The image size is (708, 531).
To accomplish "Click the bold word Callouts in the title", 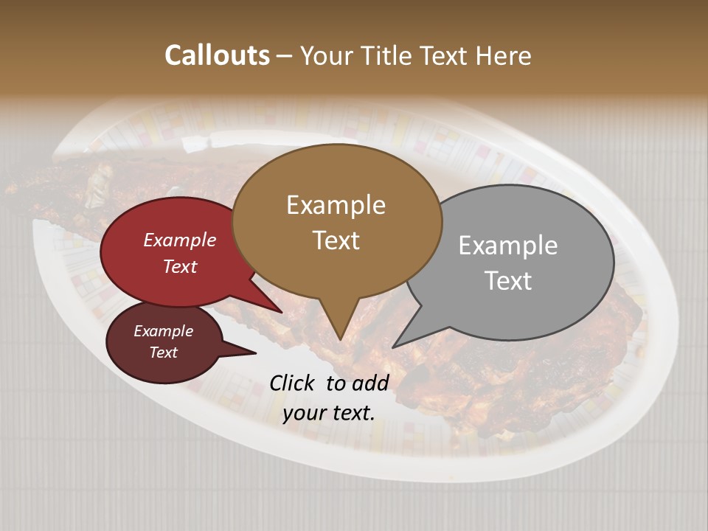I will pos(217,55).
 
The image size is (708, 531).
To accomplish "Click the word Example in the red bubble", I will pos(180,240).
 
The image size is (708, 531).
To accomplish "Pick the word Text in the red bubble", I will pos(180,266).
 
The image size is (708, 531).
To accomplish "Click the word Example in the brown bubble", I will pos(336,205).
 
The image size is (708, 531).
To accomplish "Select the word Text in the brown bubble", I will pos(336,240).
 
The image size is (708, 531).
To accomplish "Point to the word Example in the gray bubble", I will pos(508,246).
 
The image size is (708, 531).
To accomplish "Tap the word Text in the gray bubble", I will pos(508,281).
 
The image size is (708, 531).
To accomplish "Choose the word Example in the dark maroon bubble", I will pos(163,331).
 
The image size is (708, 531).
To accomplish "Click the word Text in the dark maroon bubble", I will pos(163,353).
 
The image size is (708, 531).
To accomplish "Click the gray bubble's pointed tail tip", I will pos(393,347).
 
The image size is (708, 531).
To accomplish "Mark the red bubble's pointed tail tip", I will pos(282,313).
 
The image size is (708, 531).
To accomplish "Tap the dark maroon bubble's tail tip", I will pos(256,353).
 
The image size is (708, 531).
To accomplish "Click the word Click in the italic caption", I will pos(293,383).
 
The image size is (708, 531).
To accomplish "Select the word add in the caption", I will pos(370,383).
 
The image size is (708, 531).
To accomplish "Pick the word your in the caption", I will pos(302,413).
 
